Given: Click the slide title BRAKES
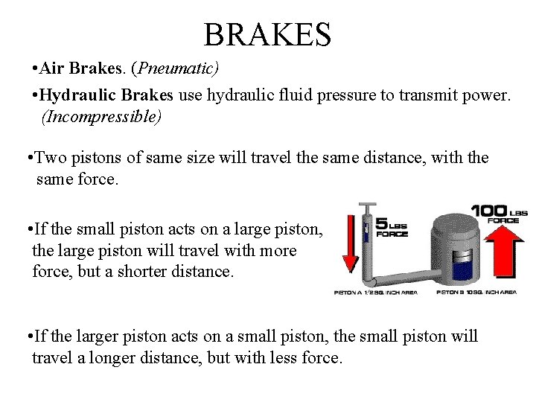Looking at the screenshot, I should tap(267, 33).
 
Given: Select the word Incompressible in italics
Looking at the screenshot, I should tap(101, 117).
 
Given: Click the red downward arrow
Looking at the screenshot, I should tap(348, 245).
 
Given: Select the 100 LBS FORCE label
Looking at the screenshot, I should tap(500, 213).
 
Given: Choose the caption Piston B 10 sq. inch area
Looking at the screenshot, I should tap(476, 293).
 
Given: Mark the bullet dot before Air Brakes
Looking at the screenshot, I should tap(36, 70).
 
